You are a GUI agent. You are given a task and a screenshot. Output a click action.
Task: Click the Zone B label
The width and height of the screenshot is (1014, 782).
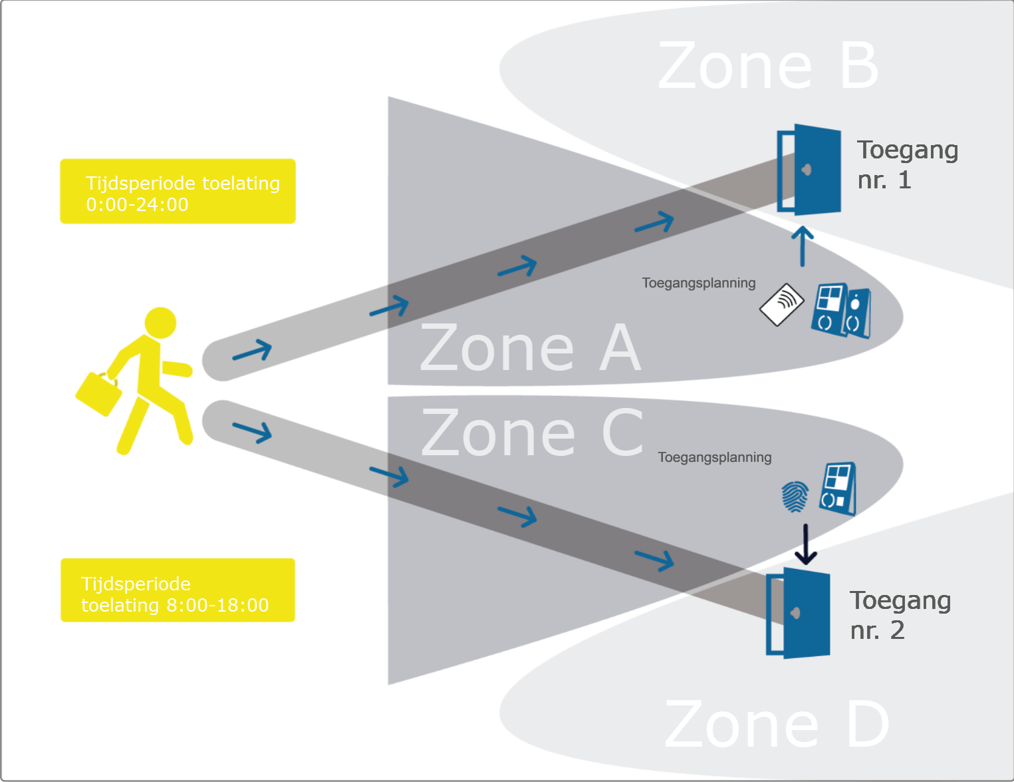tap(768, 66)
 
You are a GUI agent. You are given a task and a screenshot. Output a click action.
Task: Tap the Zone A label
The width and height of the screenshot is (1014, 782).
tap(530, 348)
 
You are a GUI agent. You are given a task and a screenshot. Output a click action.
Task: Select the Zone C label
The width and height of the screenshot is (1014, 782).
tap(532, 433)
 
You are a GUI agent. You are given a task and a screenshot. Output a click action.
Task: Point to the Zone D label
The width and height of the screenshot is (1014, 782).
tap(776, 725)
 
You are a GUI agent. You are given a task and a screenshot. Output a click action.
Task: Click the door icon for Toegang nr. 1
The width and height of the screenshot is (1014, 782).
tap(810, 170)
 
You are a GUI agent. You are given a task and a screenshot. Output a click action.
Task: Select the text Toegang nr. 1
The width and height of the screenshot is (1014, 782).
tap(907, 164)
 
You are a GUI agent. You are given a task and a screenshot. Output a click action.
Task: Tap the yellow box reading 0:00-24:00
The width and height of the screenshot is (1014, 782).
tap(178, 192)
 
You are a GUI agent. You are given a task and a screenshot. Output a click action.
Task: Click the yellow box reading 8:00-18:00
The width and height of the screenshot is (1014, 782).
tap(178, 590)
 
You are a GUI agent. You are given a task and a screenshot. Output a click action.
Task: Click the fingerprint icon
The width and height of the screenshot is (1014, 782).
tap(795, 496)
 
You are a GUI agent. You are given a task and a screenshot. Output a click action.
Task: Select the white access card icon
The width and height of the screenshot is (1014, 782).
tap(782, 305)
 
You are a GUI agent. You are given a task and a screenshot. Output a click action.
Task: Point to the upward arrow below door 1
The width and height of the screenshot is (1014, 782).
tap(803, 246)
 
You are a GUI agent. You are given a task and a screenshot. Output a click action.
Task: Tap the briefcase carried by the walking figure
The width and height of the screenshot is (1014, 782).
tap(98, 394)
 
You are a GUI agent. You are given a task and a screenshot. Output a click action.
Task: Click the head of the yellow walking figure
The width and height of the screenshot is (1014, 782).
tap(160, 323)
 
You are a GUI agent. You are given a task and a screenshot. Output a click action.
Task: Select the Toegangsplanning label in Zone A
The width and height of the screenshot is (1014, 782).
tap(698, 283)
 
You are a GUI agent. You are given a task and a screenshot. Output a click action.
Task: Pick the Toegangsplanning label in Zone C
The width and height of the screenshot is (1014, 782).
tap(714, 457)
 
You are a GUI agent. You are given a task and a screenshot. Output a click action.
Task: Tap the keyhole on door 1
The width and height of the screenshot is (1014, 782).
tap(807, 170)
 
